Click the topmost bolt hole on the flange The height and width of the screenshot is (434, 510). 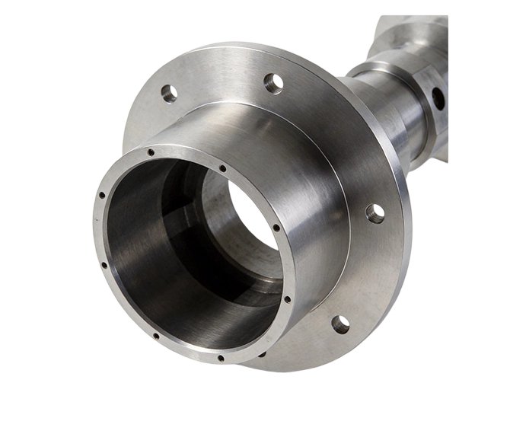(273, 79)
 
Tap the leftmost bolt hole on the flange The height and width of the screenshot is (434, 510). (169, 93)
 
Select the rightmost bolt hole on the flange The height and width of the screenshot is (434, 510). (375, 213)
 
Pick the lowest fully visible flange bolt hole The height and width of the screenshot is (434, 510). (340, 324)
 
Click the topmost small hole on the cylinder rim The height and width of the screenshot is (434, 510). (151, 152)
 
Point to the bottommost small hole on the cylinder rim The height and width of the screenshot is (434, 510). (220, 358)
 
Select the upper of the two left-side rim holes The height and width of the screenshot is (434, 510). (102, 196)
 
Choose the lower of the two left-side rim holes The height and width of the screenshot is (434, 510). (104, 266)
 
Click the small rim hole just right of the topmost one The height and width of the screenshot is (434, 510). (222, 168)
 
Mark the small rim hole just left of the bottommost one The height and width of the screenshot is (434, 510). (155, 335)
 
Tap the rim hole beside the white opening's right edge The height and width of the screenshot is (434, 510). (276, 228)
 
